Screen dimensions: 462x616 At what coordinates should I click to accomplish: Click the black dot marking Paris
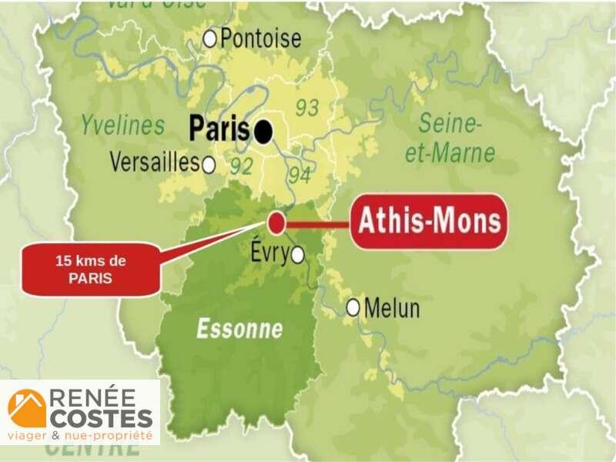[264, 132]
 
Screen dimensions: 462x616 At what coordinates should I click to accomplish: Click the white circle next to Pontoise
[209, 38]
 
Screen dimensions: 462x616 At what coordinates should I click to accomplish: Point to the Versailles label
[154, 162]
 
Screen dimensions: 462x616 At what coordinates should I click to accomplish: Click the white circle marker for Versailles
[208, 164]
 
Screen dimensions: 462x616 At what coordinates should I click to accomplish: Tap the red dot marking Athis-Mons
[276, 223]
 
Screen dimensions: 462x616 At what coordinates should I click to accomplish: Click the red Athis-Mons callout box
[430, 222]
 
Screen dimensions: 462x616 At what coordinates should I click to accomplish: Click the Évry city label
[269, 251]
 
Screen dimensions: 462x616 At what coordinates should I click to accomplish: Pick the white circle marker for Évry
[297, 255]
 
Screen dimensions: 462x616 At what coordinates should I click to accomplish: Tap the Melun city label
[392, 309]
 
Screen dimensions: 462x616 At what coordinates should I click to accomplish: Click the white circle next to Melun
[353, 307]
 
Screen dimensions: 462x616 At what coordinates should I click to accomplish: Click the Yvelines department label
[123, 125]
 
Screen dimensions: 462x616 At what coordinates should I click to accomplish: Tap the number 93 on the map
[306, 108]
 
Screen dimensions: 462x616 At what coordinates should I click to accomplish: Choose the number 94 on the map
[299, 176]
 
